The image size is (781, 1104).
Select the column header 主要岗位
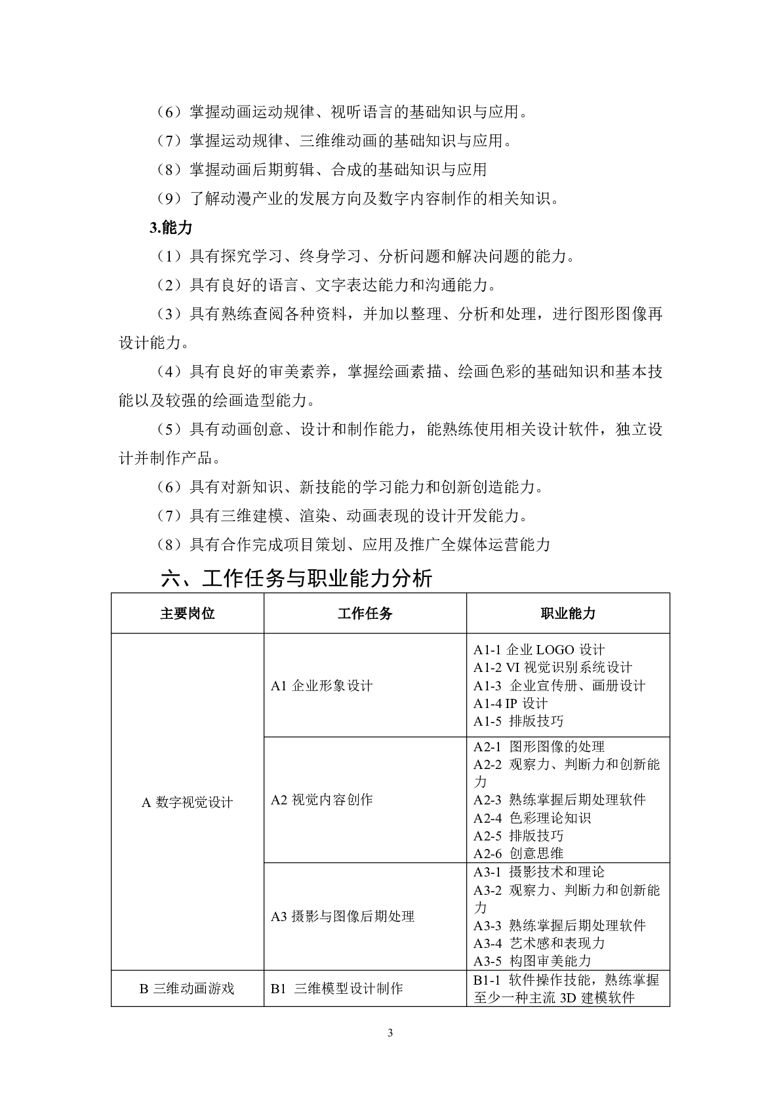[188, 614]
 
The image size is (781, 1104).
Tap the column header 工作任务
[365, 614]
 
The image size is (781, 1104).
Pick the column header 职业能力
[568, 614]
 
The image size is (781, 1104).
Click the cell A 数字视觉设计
[188, 802]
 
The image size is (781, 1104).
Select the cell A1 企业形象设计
[321, 686]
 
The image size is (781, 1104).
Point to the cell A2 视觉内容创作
[321, 800]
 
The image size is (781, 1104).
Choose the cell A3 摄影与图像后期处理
[342, 917]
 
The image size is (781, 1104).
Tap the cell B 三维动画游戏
[187, 989]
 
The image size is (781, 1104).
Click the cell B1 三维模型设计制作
[336, 989]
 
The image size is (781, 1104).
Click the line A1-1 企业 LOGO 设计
[539, 650]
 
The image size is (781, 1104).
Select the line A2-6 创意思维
[518, 854]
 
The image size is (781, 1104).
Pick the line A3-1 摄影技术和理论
[539, 872]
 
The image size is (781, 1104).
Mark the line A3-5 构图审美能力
[532, 961]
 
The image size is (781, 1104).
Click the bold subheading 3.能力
[171, 227]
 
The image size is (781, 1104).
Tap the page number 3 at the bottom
[391, 1034]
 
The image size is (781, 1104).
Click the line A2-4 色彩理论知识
[532, 818]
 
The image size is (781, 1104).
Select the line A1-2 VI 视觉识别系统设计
[553, 667]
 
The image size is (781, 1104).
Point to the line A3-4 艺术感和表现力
[539, 943]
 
